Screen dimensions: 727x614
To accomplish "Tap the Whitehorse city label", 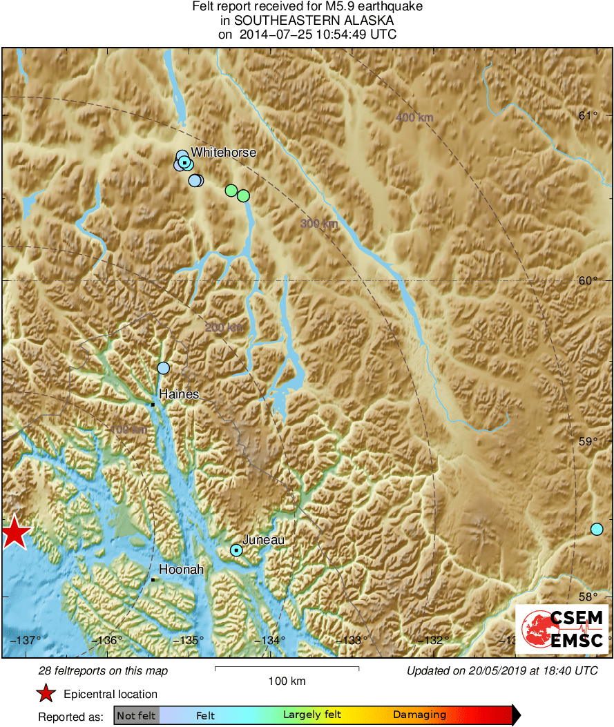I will click(x=223, y=153).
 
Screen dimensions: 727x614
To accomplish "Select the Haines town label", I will click(x=179, y=394).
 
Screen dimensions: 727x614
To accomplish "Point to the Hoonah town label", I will click(x=182, y=570).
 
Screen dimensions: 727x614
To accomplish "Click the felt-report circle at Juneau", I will click(x=236, y=550).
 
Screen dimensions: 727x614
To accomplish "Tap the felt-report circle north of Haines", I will click(x=163, y=368).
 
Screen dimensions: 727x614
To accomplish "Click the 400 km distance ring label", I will click(x=414, y=117).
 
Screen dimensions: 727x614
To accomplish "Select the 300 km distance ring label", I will click(x=319, y=223).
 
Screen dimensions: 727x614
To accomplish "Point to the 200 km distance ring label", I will click(x=224, y=327).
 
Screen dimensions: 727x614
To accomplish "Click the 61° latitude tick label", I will click(x=587, y=115).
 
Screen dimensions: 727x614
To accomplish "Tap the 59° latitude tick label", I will click(x=587, y=441).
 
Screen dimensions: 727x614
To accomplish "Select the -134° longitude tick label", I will click(x=270, y=640).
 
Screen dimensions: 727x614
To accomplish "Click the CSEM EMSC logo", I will click(x=563, y=628).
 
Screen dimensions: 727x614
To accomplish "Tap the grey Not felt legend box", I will click(x=136, y=715).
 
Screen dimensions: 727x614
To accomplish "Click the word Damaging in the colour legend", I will click(x=419, y=715).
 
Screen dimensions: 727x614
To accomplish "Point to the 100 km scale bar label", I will click(x=287, y=681).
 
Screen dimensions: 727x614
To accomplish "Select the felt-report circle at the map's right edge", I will click(x=597, y=529).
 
